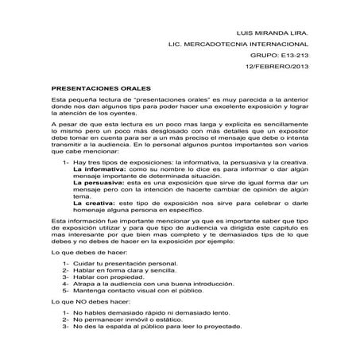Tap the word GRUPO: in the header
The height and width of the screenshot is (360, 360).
[x=260, y=56]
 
